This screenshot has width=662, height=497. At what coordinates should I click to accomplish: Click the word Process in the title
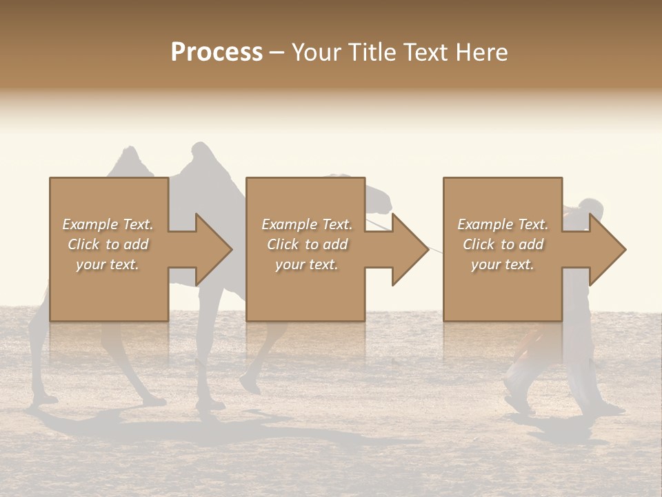217,52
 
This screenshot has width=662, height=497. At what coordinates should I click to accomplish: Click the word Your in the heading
317,52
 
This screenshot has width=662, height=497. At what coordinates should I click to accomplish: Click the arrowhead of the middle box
410,249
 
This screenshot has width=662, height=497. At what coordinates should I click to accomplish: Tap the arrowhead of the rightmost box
607,249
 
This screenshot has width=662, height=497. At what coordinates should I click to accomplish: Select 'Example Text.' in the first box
108,224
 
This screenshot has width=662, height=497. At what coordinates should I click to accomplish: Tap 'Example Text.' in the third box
503,224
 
